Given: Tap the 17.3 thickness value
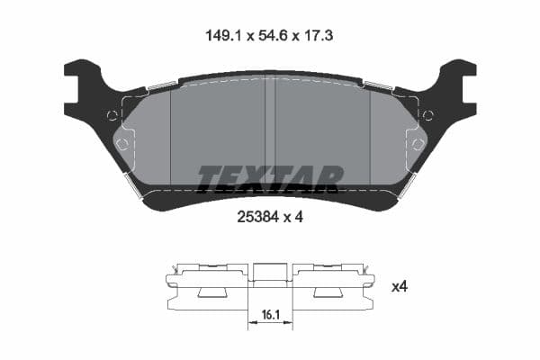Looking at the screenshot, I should pyautogui.click(x=319, y=36).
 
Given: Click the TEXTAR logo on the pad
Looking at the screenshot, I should pyautogui.click(x=270, y=178).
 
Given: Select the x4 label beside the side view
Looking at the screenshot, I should pyautogui.click(x=400, y=287).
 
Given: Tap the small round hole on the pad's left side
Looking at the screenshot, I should pyautogui.click(x=112, y=114).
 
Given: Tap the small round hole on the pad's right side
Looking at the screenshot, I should pyautogui.click(x=427, y=114).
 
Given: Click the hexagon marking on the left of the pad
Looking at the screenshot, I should pyautogui.click(x=122, y=144).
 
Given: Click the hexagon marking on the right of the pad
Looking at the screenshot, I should pyautogui.click(x=417, y=144).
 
